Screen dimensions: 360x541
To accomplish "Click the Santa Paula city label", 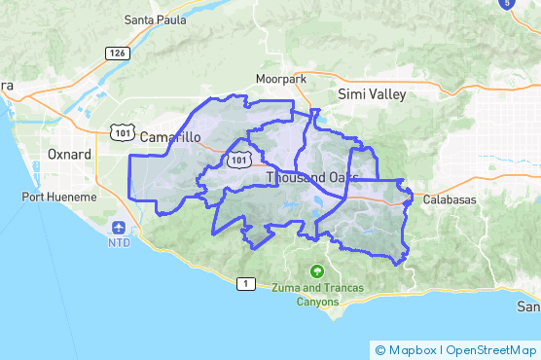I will [158, 19].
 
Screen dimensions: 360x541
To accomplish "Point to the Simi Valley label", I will [371, 94].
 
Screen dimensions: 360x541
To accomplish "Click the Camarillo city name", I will [170, 137].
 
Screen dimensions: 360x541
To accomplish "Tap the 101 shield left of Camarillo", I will [122, 130].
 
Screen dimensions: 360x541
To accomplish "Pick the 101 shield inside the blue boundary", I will [238, 161].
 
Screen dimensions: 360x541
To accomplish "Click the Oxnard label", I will [69, 155].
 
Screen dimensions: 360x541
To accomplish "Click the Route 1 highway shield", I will [246, 283].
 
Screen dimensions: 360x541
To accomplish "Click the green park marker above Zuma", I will [315, 271].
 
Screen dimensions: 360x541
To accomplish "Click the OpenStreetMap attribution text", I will [491, 349].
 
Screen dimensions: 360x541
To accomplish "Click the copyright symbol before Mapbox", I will [380, 349].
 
